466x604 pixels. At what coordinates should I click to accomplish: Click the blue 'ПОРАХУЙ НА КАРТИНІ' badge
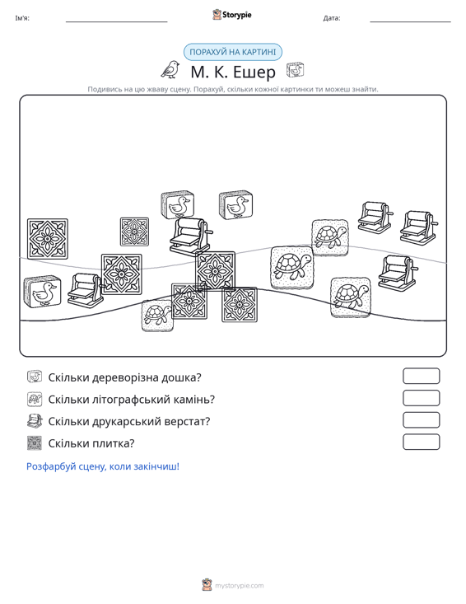point(232,52)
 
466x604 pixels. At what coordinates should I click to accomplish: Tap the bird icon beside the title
point(170,69)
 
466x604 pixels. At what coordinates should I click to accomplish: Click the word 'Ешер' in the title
point(254,72)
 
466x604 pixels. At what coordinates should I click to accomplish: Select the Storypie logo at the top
point(231,15)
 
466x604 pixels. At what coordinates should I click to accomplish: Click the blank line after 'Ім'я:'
point(117,21)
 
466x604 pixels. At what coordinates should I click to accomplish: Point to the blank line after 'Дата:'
point(410,21)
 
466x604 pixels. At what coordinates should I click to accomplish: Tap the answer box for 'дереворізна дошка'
point(421,376)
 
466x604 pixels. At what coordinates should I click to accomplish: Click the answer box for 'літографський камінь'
point(421,398)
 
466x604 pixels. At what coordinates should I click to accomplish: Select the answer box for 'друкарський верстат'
point(421,420)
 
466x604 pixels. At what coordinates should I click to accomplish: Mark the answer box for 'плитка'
point(421,442)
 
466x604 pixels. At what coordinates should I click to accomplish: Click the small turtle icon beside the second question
point(35,399)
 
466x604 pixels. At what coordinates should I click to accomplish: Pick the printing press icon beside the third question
point(35,420)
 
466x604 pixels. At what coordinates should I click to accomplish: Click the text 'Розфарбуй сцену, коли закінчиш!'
point(103,466)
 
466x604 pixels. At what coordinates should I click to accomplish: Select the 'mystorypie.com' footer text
point(240,586)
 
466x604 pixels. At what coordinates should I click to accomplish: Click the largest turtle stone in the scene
point(292,268)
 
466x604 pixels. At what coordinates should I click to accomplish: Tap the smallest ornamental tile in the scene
point(134,232)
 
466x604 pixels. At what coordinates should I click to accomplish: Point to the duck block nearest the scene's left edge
point(42,292)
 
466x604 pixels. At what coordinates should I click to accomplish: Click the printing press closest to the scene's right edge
point(419,227)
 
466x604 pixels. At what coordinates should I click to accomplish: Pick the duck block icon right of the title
point(295,70)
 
